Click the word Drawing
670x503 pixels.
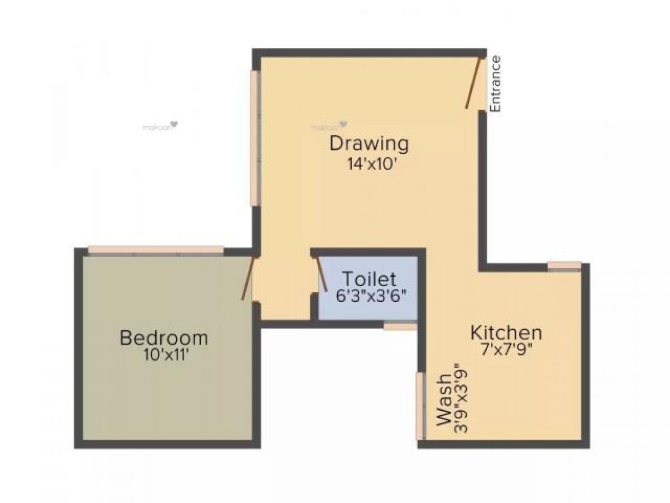369,144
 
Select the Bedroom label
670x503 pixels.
164,338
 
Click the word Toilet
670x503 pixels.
369,278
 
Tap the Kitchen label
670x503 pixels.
506,333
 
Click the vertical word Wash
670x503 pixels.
445,400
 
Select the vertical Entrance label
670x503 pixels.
495,83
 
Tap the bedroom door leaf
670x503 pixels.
249,278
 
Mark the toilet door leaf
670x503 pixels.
322,273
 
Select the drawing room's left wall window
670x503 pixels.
255,137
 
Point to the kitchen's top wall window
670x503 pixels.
564,265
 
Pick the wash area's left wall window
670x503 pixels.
419,405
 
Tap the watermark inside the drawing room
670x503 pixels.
329,126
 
